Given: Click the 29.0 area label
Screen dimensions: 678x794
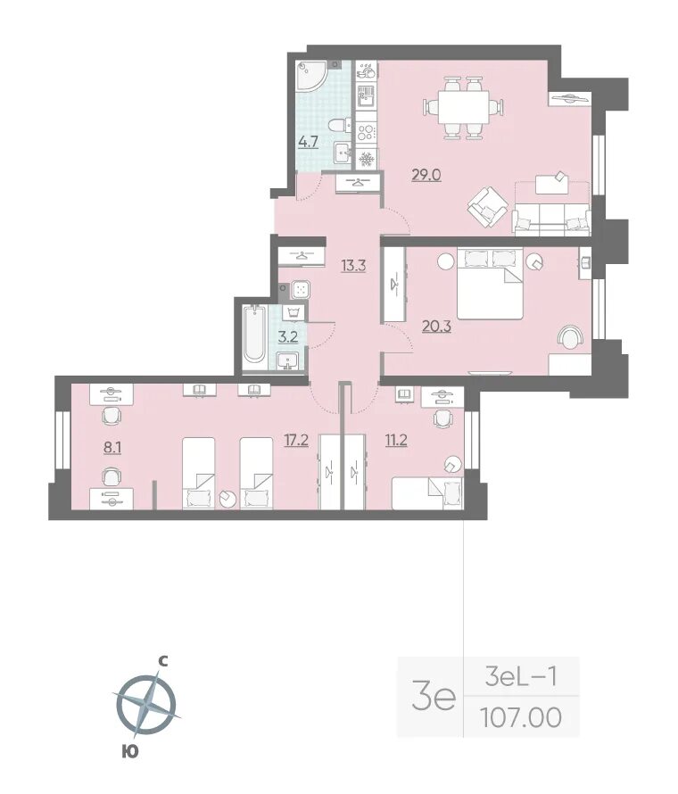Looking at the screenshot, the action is (x=426, y=175).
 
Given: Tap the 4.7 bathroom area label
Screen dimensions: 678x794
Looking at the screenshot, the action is (x=308, y=142).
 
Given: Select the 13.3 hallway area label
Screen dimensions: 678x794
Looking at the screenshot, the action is (x=353, y=265).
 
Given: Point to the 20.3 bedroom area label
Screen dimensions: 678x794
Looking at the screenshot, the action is (x=436, y=327).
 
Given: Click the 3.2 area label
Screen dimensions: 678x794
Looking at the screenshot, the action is (x=287, y=336).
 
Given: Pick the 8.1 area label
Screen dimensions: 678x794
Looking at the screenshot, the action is (x=112, y=448).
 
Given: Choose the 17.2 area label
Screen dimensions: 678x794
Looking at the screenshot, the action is (x=296, y=441).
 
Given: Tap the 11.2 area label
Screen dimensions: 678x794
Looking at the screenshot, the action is (x=395, y=441).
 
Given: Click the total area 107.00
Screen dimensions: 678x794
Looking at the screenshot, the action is (x=520, y=717).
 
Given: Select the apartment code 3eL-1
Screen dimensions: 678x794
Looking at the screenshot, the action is (x=520, y=677).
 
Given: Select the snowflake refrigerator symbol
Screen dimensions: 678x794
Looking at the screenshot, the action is (x=365, y=160).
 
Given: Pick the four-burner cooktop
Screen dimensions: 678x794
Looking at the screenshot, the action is (x=365, y=132).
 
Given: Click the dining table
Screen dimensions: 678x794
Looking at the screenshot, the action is (x=463, y=107).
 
